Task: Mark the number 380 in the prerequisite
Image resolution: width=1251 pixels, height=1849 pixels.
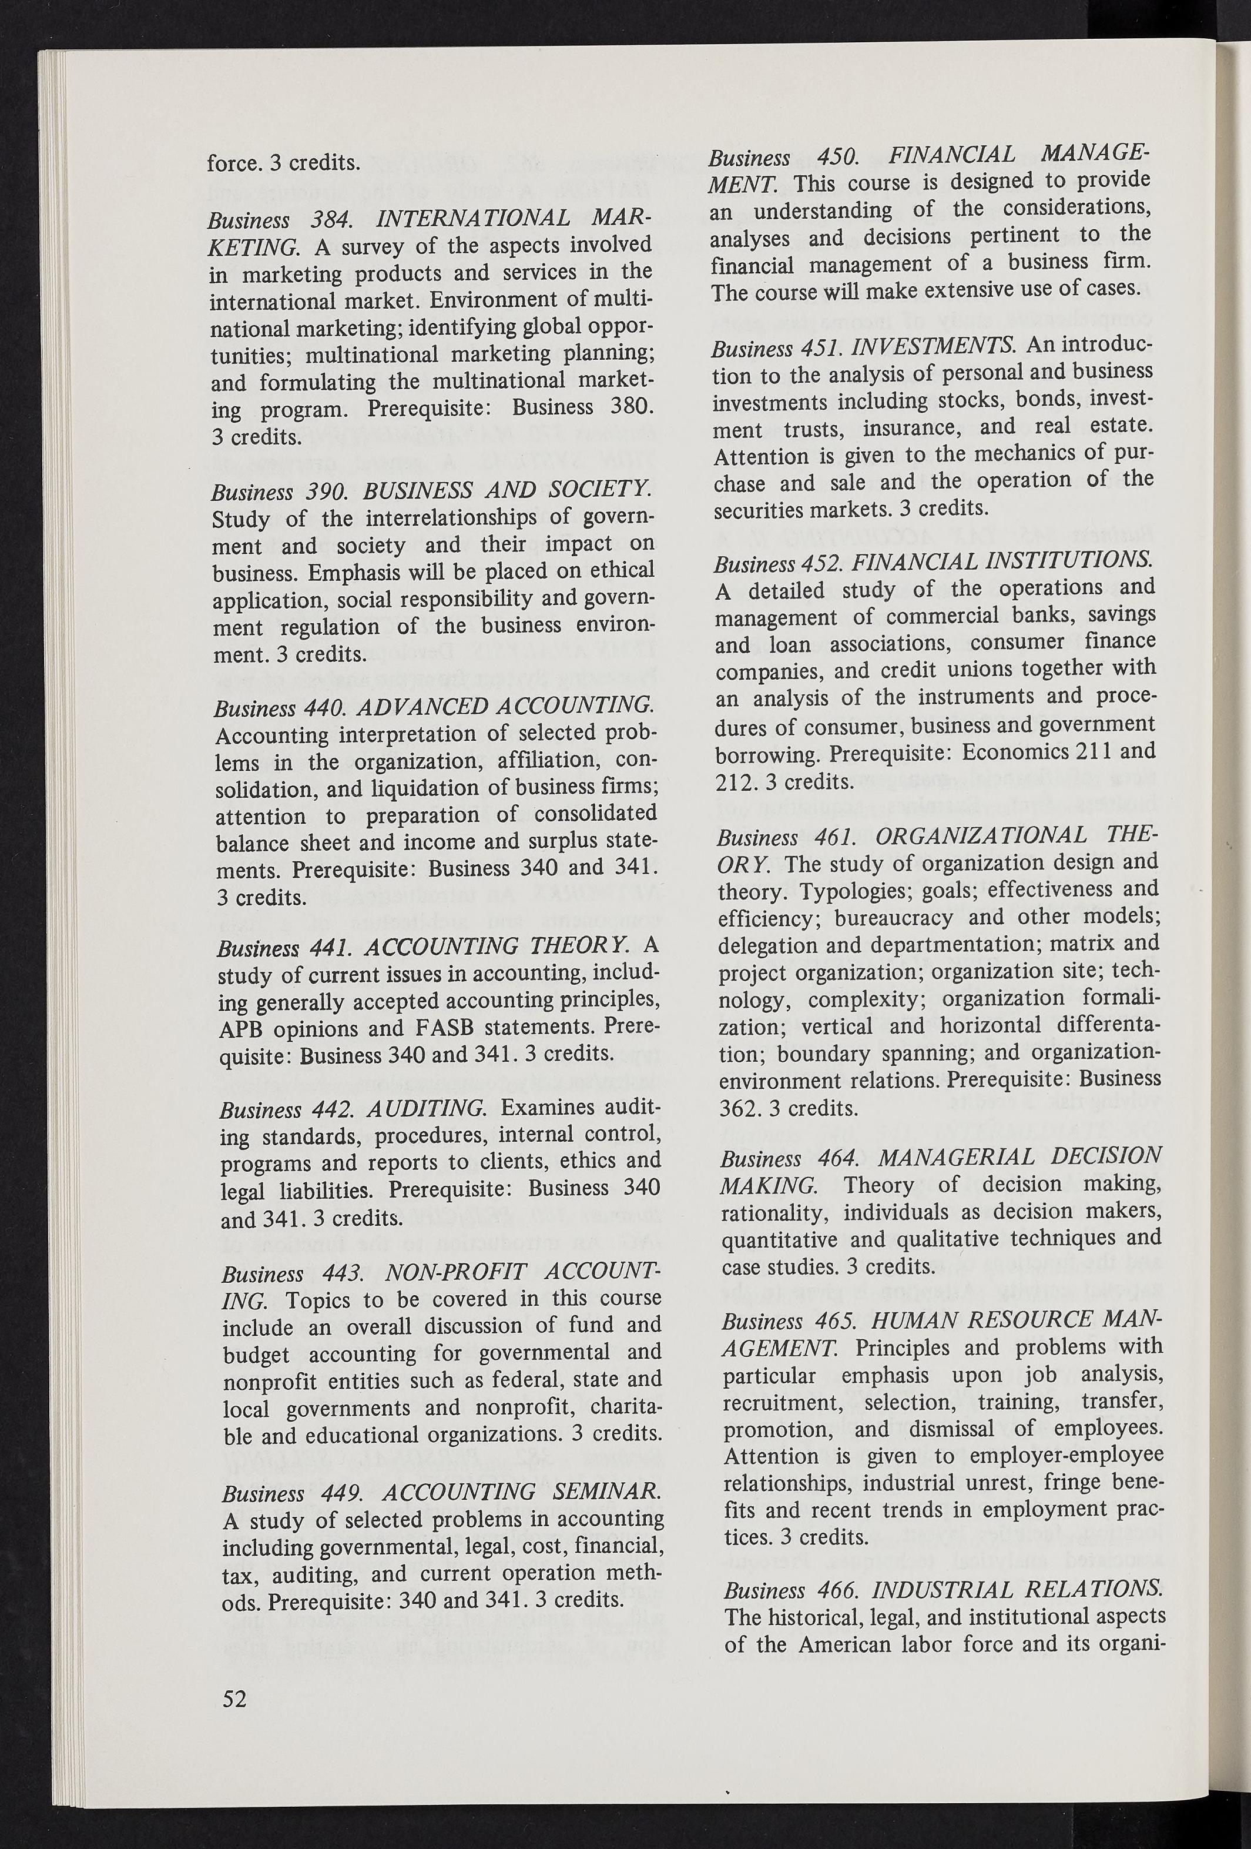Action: (x=629, y=408)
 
